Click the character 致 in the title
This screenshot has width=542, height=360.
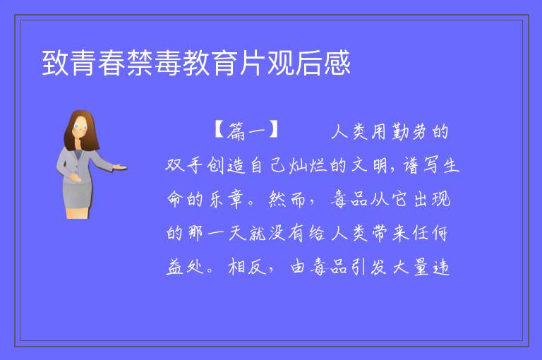55,63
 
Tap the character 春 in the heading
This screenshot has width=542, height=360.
112,63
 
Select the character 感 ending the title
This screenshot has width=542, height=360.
337,63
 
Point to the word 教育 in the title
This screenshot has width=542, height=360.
210,63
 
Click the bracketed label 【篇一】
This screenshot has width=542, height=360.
246,131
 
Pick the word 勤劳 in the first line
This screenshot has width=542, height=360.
409,132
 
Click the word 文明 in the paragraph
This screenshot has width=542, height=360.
369,165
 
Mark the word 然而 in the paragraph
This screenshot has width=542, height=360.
287,199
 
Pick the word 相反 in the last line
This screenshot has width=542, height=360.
246,267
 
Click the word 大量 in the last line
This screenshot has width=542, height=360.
411,267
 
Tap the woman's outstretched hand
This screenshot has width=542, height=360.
120,167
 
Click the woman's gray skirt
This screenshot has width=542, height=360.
78,196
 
